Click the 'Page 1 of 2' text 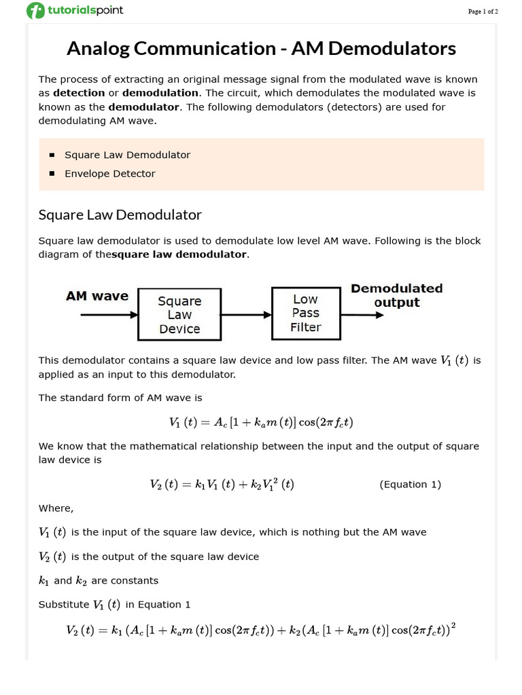click(483, 12)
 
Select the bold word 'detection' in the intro click(79, 92)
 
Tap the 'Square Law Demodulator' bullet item click(127, 155)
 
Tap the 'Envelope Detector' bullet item click(109, 174)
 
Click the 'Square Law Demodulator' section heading click(120, 215)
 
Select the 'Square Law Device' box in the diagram click(179, 314)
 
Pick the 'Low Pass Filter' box click(305, 313)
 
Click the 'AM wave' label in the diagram click(97, 296)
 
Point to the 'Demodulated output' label click(396, 295)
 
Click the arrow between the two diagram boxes click(246, 315)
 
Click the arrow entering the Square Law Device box click(109, 315)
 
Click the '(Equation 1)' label click(410, 484)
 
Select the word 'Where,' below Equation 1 click(56, 508)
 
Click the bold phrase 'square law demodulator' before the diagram click(179, 255)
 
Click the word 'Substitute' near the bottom click(63, 605)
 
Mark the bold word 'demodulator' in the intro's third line click(144, 107)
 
